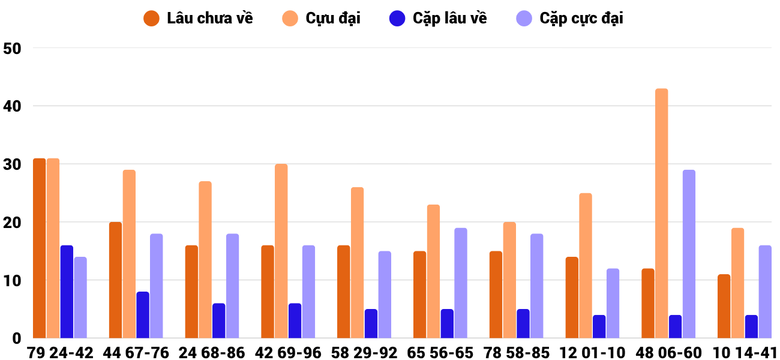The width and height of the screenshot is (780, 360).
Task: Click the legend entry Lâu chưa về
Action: pyautogui.click(x=198, y=19)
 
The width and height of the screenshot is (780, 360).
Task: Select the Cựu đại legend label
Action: pyautogui.click(x=321, y=19)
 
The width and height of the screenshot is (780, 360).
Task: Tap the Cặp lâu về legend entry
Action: pyautogui.click(x=438, y=19)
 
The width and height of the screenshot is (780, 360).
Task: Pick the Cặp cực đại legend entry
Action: pyautogui.click(x=569, y=19)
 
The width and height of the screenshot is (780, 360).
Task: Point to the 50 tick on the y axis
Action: pyautogui.click(x=13, y=49)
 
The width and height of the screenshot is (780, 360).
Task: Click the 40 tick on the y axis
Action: pyautogui.click(x=13, y=106)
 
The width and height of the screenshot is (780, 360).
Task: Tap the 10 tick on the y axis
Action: pyautogui.click(x=13, y=281)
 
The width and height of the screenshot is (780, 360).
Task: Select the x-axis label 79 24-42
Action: pyautogui.click(x=60, y=353)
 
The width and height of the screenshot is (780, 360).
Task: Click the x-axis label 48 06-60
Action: pyautogui.click(x=668, y=353)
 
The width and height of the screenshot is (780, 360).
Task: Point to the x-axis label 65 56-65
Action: pyautogui.click(x=440, y=353)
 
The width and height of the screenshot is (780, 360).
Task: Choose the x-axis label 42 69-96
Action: pyautogui.click(x=288, y=353)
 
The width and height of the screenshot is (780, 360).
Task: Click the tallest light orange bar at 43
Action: pyautogui.click(x=662, y=214)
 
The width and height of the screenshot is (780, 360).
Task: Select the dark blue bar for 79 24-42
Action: pyautogui.click(x=67, y=292)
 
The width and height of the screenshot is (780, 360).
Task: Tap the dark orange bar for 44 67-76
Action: pyautogui.click(x=116, y=280)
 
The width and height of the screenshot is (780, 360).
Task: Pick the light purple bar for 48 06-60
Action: pyautogui.click(x=689, y=254)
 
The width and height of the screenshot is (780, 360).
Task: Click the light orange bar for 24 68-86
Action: pyautogui.click(x=205, y=260)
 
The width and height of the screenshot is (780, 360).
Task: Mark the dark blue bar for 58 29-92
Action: pyautogui.click(x=371, y=323)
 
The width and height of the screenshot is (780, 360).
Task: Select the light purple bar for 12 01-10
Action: pyautogui.click(x=613, y=303)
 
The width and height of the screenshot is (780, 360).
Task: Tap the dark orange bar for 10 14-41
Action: pyautogui.click(x=724, y=306)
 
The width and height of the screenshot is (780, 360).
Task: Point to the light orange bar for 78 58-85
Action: pyautogui.click(x=509, y=280)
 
